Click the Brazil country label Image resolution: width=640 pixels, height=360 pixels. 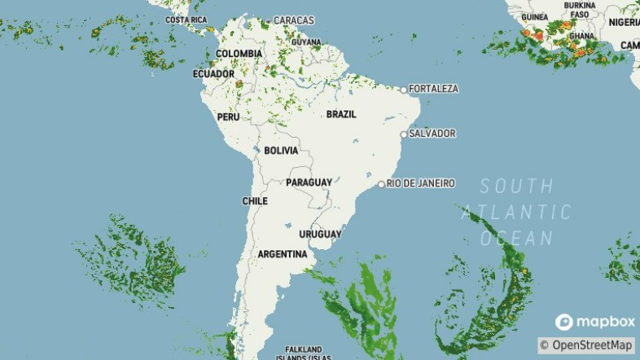[341, 115]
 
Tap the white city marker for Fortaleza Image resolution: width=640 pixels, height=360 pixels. [403, 90]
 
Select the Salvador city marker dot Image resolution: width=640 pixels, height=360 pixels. [403, 134]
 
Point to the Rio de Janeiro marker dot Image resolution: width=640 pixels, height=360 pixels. [380, 184]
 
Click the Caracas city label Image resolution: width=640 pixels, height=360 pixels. [294, 20]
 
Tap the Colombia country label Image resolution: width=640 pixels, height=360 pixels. [239, 54]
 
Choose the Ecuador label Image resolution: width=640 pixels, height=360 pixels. [213, 74]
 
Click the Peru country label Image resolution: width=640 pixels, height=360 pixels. [228, 117]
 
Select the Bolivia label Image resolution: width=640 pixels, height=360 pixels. [281, 151]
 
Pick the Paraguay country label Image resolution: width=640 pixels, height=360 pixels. [309, 182]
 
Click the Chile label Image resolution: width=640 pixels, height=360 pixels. [255, 201]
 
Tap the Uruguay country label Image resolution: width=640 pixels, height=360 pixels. [320, 235]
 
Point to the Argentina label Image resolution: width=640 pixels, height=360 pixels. [282, 255]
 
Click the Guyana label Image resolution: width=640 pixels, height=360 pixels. [306, 42]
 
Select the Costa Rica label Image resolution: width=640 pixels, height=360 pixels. [186, 20]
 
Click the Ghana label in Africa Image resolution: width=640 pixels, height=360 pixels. [581, 37]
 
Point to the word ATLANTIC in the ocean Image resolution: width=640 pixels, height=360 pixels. [516, 213]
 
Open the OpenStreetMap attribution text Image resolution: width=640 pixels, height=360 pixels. [586, 345]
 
